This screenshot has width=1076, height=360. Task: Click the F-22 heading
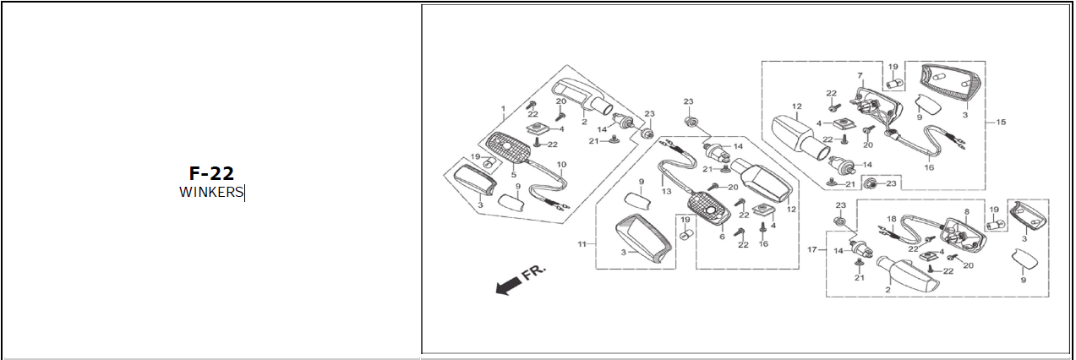(x=210, y=174)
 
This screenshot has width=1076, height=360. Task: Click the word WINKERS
(x=210, y=193)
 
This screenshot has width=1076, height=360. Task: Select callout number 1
(x=503, y=109)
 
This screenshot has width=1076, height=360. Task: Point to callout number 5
(x=513, y=175)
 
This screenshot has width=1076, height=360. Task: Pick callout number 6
(x=721, y=237)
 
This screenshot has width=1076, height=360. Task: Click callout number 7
(x=860, y=76)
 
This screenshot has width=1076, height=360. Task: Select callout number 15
(x=1001, y=123)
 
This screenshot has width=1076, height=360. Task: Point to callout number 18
(x=890, y=219)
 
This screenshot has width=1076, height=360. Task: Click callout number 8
(x=966, y=213)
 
